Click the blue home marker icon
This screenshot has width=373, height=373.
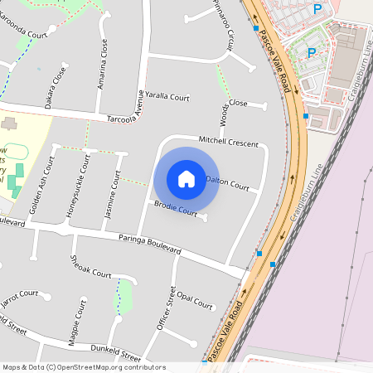click(186, 179)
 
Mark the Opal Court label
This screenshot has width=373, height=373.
click(196, 298)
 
